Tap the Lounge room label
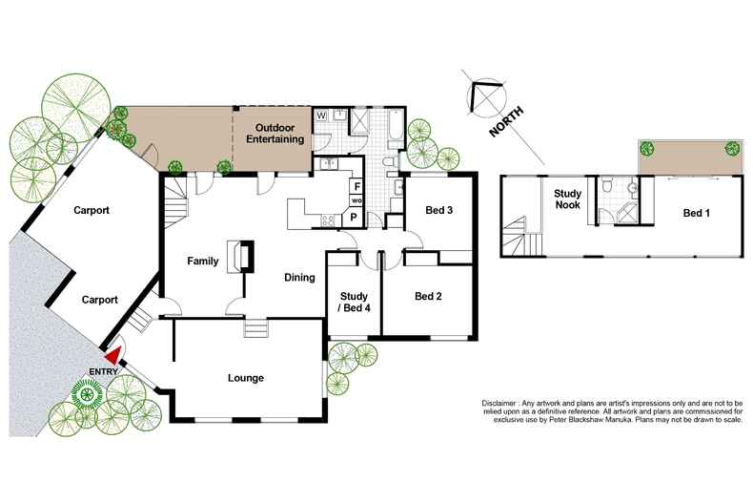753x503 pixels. (245, 378)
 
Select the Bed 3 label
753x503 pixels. (438, 211)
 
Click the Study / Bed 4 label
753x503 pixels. (354, 301)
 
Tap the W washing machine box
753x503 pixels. (321, 115)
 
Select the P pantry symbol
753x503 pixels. (355, 217)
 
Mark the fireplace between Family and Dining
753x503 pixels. (240, 258)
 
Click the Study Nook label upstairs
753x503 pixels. (568, 198)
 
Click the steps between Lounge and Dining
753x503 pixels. (256, 328)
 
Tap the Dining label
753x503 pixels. (299, 278)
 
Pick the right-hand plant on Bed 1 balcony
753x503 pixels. (731, 148)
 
